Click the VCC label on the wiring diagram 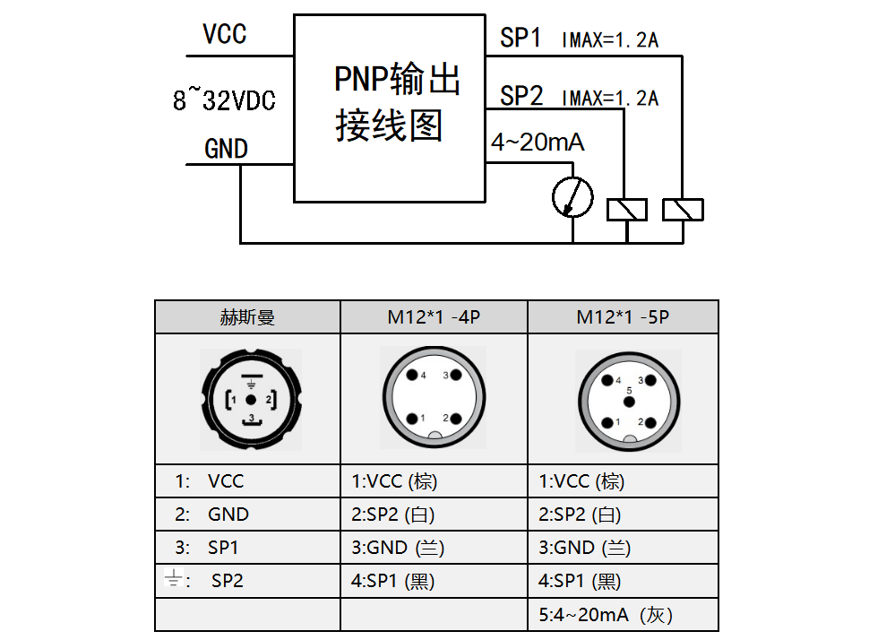coord(224,35)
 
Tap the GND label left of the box coord(226,149)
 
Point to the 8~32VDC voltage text coord(224,100)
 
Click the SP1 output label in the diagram coord(521,39)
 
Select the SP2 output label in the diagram coord(521,96)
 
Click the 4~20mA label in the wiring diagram coord(538,143)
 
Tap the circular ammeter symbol coord(572,197)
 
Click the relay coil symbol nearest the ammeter coord(627,209)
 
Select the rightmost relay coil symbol coord(683,209)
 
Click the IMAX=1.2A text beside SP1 coord(610,40)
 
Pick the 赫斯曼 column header coord(247,317)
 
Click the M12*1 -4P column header coord(434,317)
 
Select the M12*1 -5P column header coord(623,317)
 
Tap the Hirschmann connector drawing coord(252,400)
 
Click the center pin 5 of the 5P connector coord(630,400)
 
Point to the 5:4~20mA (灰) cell coord(605,615)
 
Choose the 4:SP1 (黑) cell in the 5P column coord(579,581)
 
